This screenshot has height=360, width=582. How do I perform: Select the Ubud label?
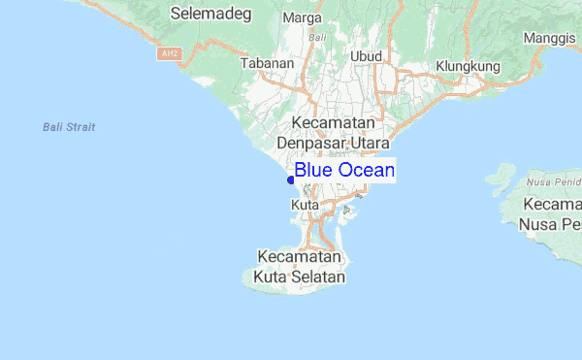(367, 55)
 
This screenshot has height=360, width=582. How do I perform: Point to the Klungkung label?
(467, 66)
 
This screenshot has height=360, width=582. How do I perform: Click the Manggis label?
(549, 38)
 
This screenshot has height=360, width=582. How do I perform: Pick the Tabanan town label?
(267, 63)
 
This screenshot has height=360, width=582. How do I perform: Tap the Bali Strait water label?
(69, 127)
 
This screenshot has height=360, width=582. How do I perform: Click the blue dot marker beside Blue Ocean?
(290, 179)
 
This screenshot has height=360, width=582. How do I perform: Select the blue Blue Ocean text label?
(344, 171)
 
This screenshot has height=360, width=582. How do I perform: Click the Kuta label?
(306, 206)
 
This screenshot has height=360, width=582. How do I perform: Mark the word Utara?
(370, 144)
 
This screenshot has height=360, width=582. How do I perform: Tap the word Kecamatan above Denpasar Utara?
(333, 124)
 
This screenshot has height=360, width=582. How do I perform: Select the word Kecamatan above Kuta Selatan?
(300, 258)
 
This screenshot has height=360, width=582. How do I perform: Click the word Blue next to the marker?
(313, 171)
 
